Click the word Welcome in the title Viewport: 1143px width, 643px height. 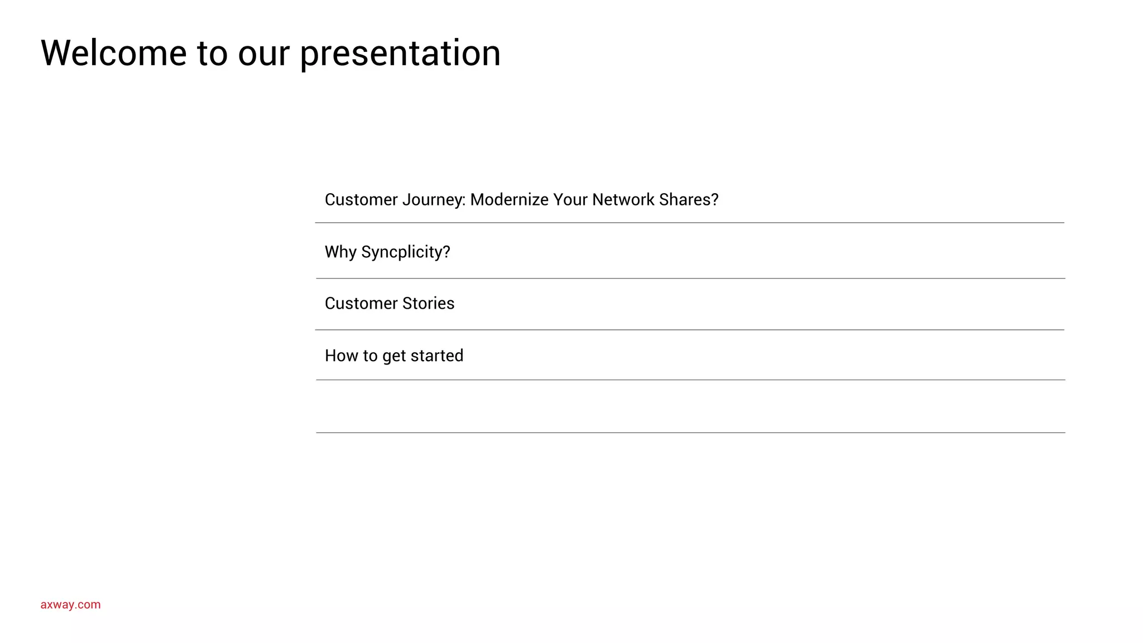click(x=113, y=54)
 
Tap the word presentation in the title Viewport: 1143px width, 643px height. click(x=400, y=55)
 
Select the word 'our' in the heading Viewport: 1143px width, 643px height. click(x=263, y=55)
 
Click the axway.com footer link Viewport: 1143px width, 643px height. click(x=70, y=604)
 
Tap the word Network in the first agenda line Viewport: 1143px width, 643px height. click(x=623, y=199)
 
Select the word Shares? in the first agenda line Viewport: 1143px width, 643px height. click(x=689, y=199)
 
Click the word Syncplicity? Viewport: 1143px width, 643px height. click(x=406, y=252)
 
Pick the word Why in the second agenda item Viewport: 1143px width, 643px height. click(x=340, y=252)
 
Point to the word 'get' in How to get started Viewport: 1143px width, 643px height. click(x=394, y=357)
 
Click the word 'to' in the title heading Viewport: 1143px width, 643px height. click(x=212, y=55)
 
